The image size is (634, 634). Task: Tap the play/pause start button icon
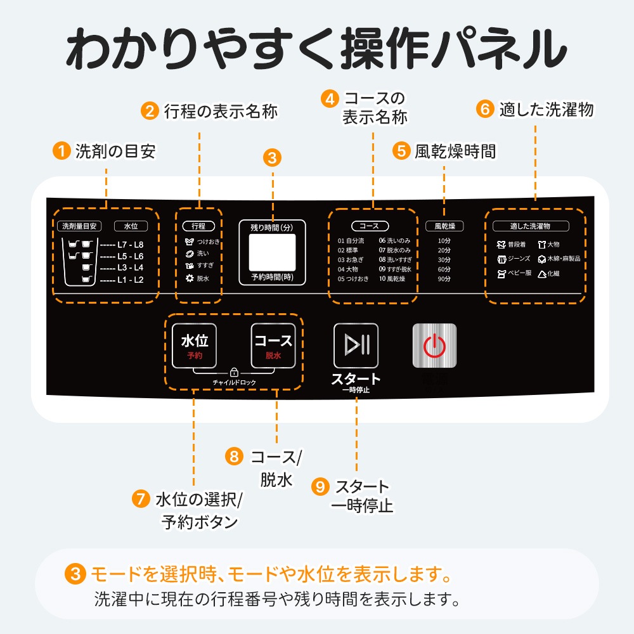coord(356,346)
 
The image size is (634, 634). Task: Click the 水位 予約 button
coord(194,346)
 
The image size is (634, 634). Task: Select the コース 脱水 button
coord(273,346)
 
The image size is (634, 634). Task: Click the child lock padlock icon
coord(234,372)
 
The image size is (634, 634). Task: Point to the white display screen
coord(273,252)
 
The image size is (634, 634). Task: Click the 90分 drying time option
coord(444,279)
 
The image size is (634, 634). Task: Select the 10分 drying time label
coord(444,241)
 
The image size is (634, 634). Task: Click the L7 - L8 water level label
coord(131,244)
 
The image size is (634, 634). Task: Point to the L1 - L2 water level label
coord(131,280)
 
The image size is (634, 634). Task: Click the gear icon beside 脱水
coord(189,278)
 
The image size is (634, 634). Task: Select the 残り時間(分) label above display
coord(273,227)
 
